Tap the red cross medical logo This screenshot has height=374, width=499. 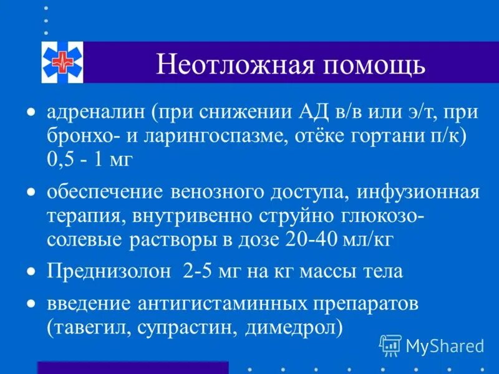pos(62,62)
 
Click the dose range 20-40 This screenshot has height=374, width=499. pos(302,238)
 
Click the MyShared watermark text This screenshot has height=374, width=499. pos(443,345)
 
